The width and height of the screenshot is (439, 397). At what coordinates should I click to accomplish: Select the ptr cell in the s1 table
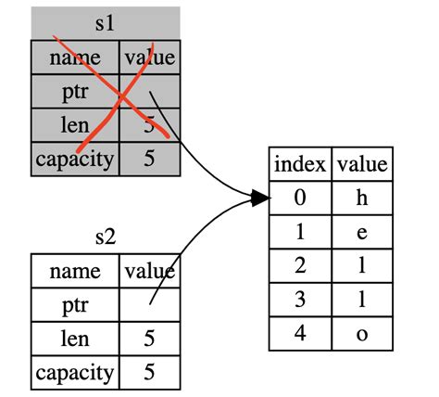(75, 92)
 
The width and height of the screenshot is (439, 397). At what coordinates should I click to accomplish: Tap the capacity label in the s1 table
(75, 159)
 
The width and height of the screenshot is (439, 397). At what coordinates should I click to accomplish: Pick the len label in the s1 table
(75, 125)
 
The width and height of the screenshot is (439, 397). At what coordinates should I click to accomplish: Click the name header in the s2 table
(75, 271)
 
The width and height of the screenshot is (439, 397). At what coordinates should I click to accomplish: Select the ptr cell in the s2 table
(75, 305)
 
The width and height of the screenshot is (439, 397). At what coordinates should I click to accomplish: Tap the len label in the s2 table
(75, 339)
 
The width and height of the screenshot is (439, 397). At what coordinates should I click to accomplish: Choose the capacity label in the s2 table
(75, 373)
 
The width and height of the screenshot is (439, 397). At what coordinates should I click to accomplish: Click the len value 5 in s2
(149, 339)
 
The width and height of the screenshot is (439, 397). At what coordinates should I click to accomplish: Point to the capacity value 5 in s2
(149, 373)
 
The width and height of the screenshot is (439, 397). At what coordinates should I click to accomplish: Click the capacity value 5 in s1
(149, 159)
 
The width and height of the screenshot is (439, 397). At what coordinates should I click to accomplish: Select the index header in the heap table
(300, 164)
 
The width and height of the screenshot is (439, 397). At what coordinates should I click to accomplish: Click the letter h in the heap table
(361, 198)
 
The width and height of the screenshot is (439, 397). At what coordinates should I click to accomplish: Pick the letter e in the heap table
(361, 232)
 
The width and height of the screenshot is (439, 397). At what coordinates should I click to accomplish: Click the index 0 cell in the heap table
(300, 198)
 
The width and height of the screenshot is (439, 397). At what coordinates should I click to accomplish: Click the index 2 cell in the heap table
(300, 265)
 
